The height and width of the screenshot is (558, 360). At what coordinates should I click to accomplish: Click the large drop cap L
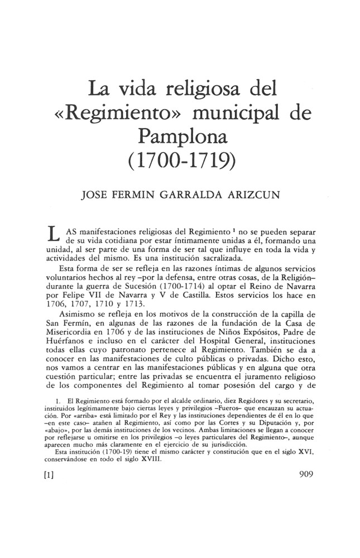tap(54, 233)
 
